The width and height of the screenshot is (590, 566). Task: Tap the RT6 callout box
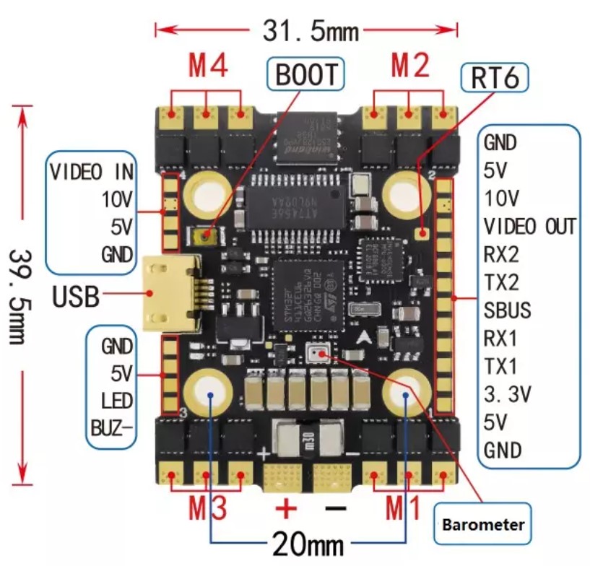pyautogui.click(x=494, y=76)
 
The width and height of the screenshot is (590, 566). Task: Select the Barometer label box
pyautogui.click(x=482, y=525)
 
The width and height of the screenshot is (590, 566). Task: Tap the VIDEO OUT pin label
pyautogui.click(x=530, y=226)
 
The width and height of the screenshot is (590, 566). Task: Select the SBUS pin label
pyautogui.click(x=508, y=310)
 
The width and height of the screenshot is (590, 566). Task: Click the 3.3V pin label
pyautogui.click(x=507, y=394)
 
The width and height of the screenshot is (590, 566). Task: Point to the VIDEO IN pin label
pyautogui.click(x=92, y=172)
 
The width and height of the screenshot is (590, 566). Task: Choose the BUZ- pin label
pyautogui.click(x=112, y=425)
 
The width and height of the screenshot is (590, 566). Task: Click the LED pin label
pyautogui.click(x=118, y=399)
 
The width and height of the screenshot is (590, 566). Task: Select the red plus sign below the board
pyautogui.click(x=287, y=508)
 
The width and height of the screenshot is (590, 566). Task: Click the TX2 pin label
pyautogui.click(x=501, y=282)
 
